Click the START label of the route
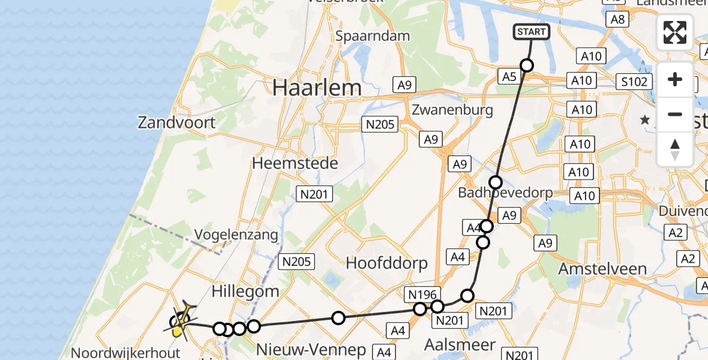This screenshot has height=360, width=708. (x=531, y=32)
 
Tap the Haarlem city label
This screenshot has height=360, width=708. (x=317, y=88)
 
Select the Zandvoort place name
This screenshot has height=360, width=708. (x=176, y=123)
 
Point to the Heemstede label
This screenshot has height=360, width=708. (x=295, y=163)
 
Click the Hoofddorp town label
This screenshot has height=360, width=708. (x=386, y=263)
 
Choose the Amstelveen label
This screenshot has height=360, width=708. (x=602, y=269)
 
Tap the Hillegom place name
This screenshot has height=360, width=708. (x=246, y=292)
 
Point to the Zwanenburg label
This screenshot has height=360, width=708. (x=452, y=110)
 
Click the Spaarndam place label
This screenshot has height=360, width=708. (x=373, y=36)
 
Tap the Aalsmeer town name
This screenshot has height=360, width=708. (x=460, y=344)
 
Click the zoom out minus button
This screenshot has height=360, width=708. (x=675, y=114)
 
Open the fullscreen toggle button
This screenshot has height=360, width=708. (x=675, y=32)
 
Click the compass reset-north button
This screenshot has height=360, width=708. (x=675, y=149)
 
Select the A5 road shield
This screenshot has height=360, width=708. (x=509, y=76)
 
